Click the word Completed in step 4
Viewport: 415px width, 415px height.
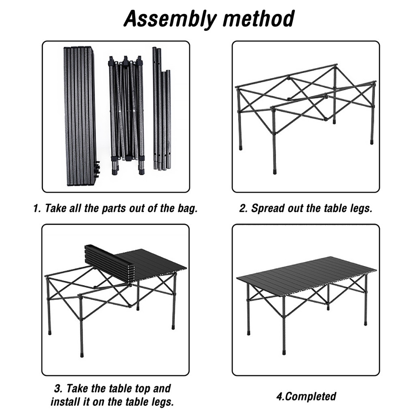(x=311, y=396)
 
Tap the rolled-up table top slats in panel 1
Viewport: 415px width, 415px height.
(x=80, y=116)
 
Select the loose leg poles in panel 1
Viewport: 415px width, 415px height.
(x=162, y=109)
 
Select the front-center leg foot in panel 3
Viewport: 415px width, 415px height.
(x=82, y=354)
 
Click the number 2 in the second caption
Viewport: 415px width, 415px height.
(x=242, y=209)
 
